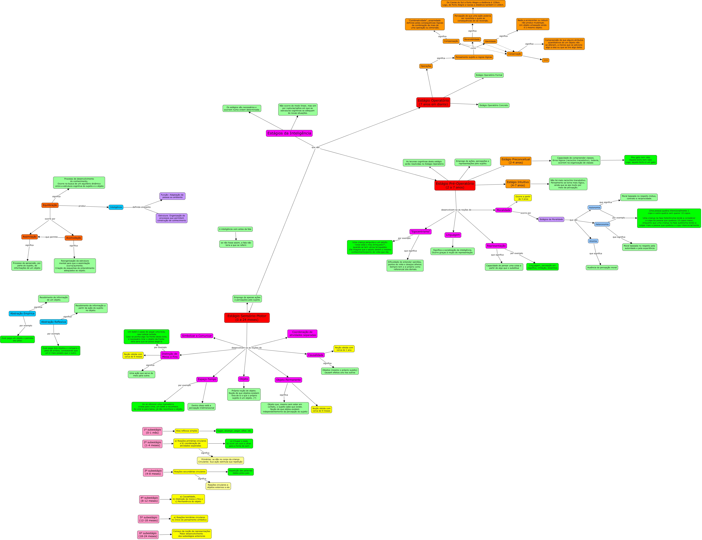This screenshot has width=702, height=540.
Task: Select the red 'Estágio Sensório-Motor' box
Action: pos(247,318)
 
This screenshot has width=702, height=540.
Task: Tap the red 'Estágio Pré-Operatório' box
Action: pos(455,185)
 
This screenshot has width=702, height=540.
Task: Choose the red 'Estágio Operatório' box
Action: pos(433,102)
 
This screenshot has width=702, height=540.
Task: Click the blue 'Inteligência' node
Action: pos(116,207)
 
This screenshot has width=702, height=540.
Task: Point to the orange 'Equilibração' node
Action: pos(50,205)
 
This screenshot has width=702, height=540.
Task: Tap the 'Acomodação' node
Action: pos(74,238)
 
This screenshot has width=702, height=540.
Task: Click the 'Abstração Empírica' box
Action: pos(22,313)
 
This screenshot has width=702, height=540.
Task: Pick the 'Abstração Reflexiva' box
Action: pos(53,322)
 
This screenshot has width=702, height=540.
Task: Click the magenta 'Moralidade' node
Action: pos(503,210)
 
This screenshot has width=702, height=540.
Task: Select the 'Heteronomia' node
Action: pos(602,224)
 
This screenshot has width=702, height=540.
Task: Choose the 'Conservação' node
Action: pos(514,54)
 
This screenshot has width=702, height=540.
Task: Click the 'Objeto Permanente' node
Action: pos(288,380)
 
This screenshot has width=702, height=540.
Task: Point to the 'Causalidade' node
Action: pos(316,355)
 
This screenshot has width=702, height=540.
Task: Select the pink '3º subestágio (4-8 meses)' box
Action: pos(153,472)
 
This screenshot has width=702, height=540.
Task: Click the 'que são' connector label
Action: pos(316,147)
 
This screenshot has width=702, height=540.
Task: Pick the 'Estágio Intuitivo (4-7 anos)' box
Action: pos(518,183)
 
